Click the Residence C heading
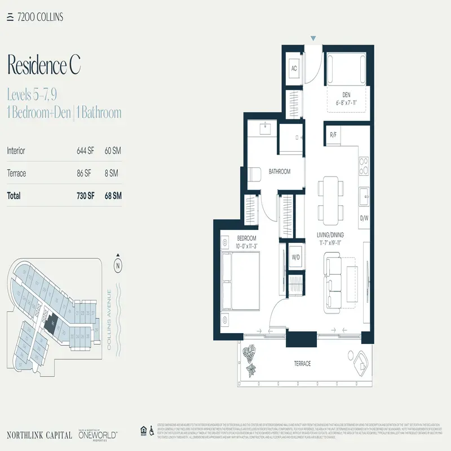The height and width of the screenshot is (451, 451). [44, 65]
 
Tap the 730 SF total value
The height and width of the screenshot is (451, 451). [86, 196]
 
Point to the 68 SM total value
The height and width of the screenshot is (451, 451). [113, 196]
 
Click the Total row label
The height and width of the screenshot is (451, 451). [14, 196]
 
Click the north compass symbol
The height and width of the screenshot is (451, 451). [118, 264]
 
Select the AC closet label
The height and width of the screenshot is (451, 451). [294, 68]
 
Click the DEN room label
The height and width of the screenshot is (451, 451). [347, 95]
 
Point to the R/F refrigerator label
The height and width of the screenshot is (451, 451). [334, 135]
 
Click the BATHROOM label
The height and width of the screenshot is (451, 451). [279, 171]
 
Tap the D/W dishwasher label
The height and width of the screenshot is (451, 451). [364, 218]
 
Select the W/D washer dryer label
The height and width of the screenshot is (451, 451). [295, 258]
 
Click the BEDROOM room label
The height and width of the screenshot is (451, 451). [246, 238]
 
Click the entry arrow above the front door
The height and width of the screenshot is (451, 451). [313, 38]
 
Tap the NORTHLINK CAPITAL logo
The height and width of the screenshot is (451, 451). [39, 435]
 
